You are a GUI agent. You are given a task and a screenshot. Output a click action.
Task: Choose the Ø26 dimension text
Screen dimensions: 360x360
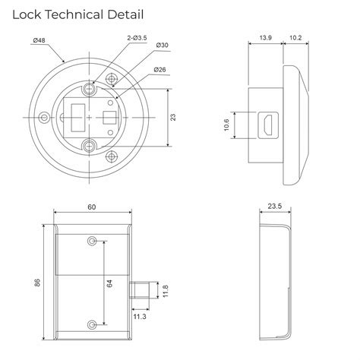click(x=161, y=71)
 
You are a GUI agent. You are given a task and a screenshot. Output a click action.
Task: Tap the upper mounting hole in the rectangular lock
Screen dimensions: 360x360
click(x=93, y=241)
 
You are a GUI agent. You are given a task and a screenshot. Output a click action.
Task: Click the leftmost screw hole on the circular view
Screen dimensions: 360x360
click(x=47, y=118)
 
